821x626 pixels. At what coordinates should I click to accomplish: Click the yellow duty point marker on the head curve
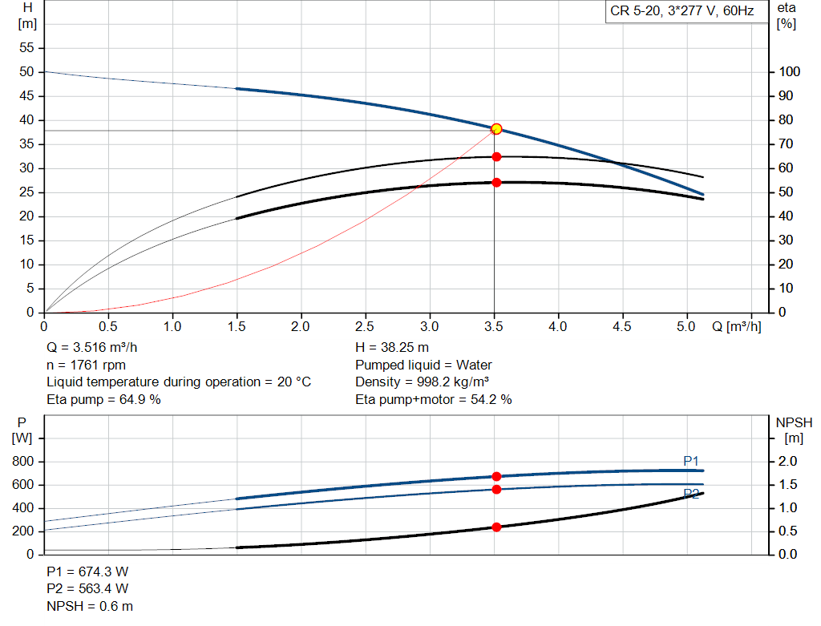pyautogui.click(x=496, y=129)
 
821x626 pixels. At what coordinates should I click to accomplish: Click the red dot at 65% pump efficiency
pyautogui.click(x=496, y=156)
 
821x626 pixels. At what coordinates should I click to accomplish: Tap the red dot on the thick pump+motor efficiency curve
pyautogui.click(x=496, y=182)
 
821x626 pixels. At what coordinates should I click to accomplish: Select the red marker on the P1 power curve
pyautogui.click(x=496, y=476)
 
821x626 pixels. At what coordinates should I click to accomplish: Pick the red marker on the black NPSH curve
pyautogui.click(x=496, y=527)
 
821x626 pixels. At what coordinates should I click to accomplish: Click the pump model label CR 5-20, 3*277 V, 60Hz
pyautogui.click(x=681, y=12)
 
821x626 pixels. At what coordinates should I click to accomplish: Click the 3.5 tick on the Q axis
pyautogui.click(x=494, y=327)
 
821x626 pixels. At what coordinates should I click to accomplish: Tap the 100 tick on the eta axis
pyautogui.click(x=789, y=72)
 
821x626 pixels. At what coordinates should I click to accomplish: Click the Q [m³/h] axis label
pyautogui.click(x=736, y=327)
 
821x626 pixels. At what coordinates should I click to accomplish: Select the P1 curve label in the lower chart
pyautogui.click(x=691, y=461)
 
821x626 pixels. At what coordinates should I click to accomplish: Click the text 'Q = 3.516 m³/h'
pyautogui.click(x=97, y=348)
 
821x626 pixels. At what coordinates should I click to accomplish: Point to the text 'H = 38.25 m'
pyautogui.click(x=391, y=348)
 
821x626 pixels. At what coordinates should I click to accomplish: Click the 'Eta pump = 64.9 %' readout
pyautogui.click(x=103, y=399)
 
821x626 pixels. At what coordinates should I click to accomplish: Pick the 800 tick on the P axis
pyautogui.click(x=24, y=462)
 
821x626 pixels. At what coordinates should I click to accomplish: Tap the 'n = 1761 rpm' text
pyautogui.click(x=86, y=365)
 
